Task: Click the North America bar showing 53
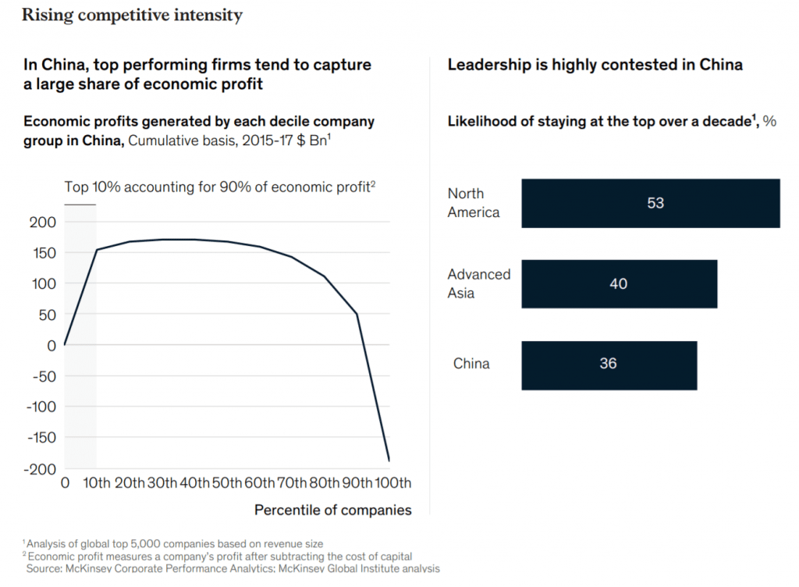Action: (650, 203)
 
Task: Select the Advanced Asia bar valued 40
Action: (619, 284)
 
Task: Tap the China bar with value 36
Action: (609, 364)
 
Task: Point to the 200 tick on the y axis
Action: (44, 222)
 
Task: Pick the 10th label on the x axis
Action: (97, 483)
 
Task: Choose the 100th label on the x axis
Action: (392, 483)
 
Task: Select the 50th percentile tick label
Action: (227, 483)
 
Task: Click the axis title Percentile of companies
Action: (333, 511)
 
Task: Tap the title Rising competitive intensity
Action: (132, 15)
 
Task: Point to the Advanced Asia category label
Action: (479, 284)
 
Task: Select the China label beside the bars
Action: (471, 364)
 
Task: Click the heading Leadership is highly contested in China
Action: (595, 65)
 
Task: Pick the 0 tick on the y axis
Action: (52, 345)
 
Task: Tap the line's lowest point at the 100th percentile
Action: (389, 461)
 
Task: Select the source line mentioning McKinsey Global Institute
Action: (234, 569)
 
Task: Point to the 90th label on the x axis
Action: (357, 483)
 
